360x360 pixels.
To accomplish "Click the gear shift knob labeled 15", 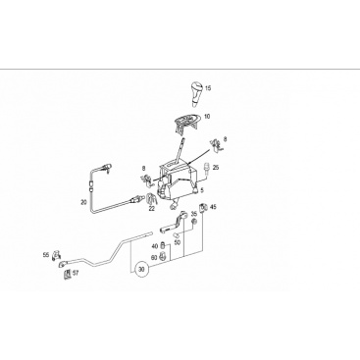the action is tap(195, 94).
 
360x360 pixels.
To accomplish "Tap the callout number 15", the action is tap(208, 88).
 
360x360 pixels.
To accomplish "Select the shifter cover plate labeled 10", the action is tap(185, 124).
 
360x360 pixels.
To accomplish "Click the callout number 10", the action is tap(207, 117).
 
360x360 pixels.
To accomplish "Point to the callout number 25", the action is tap(216, 168).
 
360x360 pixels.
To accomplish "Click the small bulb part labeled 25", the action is tap(206, 169).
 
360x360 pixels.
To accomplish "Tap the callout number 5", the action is tap(202, 189).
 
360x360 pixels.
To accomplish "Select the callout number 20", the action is tap(83, 202).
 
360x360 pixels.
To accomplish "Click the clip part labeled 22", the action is tap(151, 199).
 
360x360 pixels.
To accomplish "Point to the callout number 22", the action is tap(151, 208).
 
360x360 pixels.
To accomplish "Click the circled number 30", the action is tap(141, 270).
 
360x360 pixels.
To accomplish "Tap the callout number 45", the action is tap(213, 207).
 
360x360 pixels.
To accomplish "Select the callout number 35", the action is tap(194, 214).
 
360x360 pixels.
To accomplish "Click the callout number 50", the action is tap(178, 242).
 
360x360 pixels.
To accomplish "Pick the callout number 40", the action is tap(155, 246).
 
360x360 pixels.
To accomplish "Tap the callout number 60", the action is tap(154, 257).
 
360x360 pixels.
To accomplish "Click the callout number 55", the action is tap(46, 254).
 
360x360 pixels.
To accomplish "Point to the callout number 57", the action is tap(76, 274).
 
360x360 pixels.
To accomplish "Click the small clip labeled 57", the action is tap(67, 274).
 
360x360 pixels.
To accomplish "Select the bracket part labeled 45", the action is tap(204, 207).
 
